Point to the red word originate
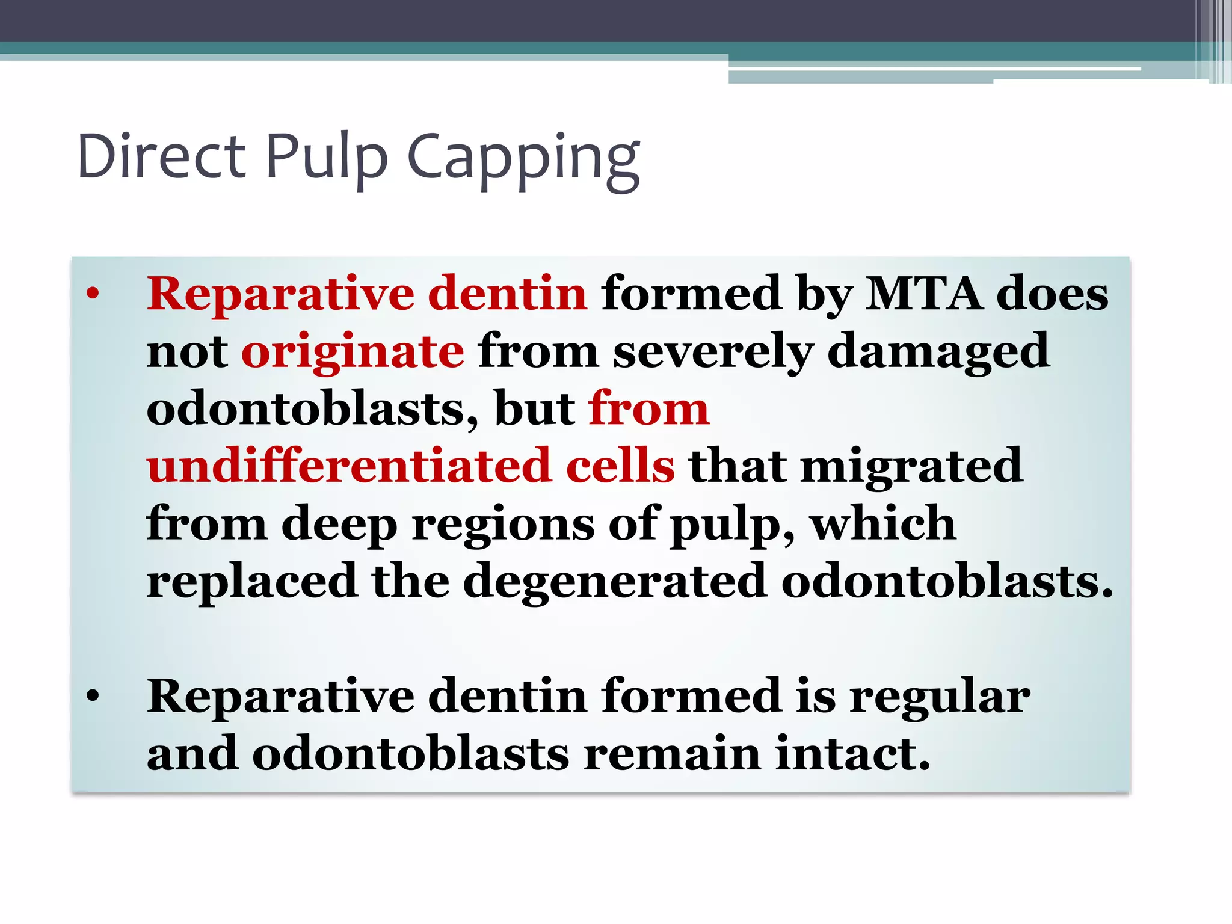coord(353,351)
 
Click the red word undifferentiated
coord(349,466)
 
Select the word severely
coord(713,351)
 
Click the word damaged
coord(938,351)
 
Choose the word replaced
coord(252,582)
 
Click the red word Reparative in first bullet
coord(280,294)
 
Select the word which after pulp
coord(882,523)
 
